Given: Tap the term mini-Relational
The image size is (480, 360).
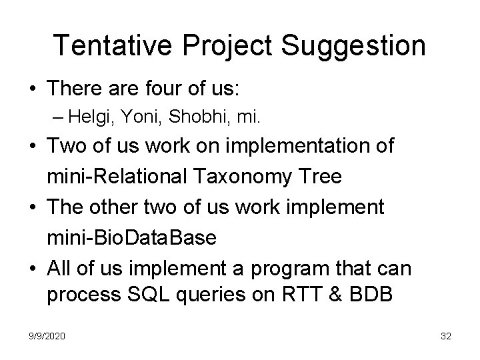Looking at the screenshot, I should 117,177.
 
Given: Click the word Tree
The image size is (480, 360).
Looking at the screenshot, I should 319,177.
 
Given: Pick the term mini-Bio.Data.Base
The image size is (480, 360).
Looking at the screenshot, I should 131,238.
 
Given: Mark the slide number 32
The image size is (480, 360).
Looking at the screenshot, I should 446,337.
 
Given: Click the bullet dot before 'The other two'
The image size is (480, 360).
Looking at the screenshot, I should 32,208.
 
